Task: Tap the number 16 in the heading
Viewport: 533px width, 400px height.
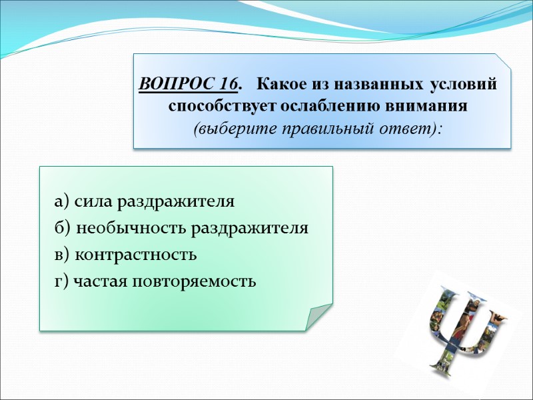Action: (x=229, y=85)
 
